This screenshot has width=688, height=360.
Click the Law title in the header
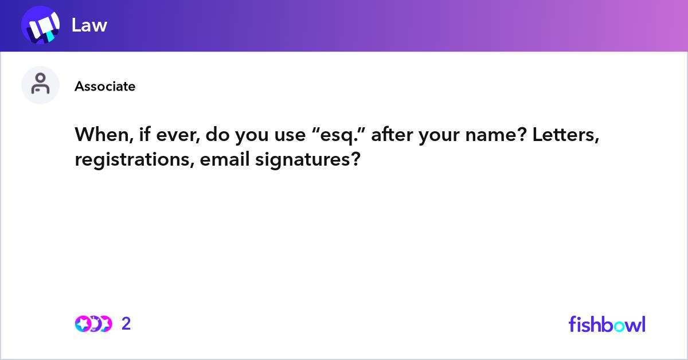click(89, 25)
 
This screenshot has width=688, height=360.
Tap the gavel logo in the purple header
click(40, 26)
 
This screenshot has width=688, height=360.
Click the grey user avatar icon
click(40, 85)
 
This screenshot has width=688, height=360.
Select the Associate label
click(105, 87)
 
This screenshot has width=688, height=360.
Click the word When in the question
click(96, 135)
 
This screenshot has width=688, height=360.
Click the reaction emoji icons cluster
click(93, 324)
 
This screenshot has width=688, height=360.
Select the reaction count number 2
click(126, 324)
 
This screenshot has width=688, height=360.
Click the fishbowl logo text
click(607, 324)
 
